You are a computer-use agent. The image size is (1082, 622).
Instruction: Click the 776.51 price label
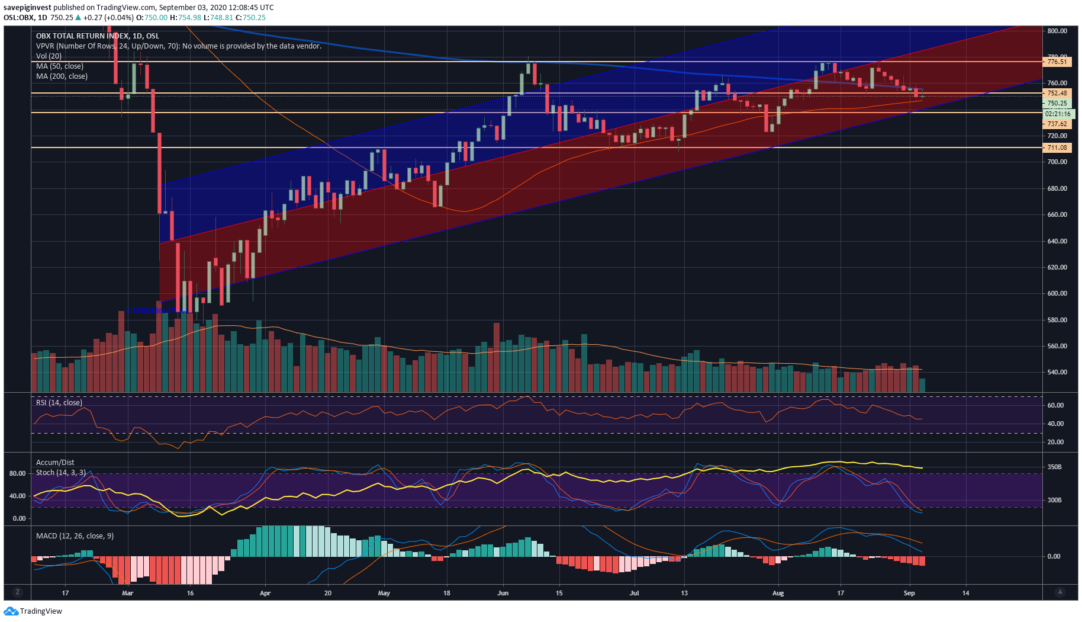[x=1057, y=62]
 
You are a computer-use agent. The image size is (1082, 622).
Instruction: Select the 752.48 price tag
[x=1057, y=93]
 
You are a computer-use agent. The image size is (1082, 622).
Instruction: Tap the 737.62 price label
[x=1057, y=124]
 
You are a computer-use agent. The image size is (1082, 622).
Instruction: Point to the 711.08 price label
[x=1057, y=148]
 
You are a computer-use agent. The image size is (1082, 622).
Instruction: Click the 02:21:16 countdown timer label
[x=1058, y=114]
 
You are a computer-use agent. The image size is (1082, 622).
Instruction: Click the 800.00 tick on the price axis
[x=1057, y=31]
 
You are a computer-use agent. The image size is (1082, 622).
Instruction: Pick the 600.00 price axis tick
[x=1057, y=293]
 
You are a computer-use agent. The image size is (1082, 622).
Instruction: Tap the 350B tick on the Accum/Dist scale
[x=1055, y=467]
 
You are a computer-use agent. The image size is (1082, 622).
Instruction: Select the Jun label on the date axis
[x=503, y=593]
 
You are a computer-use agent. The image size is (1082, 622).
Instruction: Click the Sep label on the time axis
[x=909, y=593]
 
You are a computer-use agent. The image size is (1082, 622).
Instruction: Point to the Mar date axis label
[x=127, y=593]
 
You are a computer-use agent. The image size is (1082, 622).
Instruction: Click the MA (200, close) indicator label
[x=62, y=76]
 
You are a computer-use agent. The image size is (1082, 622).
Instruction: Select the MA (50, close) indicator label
[x=59, y=66]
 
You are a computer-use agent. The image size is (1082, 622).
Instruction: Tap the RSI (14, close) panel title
[x=59, y=403]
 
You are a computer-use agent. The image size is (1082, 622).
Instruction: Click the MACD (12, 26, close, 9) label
[x=75, y=536]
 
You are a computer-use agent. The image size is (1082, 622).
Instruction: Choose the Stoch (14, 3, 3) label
[x=60, y=473]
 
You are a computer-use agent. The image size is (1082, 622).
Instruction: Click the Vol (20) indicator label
[x=49, y=56]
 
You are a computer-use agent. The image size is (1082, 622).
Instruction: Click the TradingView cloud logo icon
[x=11, y=611]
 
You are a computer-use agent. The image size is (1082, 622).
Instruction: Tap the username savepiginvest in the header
[x=27, y=8]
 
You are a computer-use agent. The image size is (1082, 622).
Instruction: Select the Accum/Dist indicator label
[x=55, y=463]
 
